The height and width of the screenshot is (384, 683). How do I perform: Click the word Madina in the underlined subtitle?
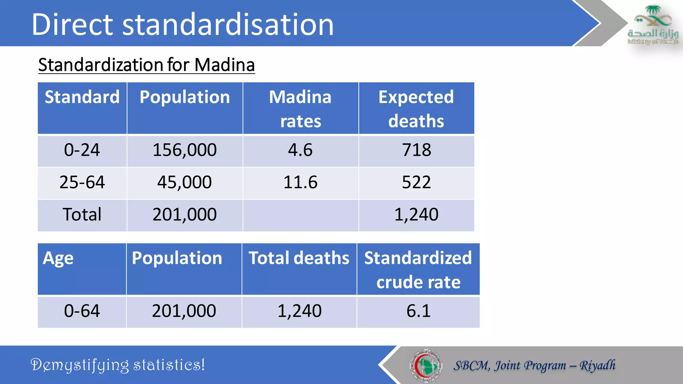point(224,65)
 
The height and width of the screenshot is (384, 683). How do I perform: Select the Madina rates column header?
point(300,109)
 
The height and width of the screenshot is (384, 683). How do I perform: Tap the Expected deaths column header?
point(416,109)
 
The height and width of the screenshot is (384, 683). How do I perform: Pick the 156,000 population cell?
point(184,150)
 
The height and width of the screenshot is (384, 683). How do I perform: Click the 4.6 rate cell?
point(300,150)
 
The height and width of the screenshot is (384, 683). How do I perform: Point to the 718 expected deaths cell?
point(416,150)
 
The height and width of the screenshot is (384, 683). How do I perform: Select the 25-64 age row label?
point(82,182)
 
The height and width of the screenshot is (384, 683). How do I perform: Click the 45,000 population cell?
point(184,182)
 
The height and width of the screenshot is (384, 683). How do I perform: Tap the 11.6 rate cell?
point(300,182)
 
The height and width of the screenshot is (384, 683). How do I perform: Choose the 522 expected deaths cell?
point(416,182)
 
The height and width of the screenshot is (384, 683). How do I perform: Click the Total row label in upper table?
point(82,214)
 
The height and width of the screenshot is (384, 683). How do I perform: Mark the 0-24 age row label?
point(82,150)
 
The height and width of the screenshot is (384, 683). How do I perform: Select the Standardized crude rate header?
point(418,270)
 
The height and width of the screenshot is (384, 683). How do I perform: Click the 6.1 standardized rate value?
point(418,311)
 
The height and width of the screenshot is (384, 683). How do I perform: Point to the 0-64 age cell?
point(82,311)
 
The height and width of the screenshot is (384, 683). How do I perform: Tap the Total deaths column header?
point(299,258)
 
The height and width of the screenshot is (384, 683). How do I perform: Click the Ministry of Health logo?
point(653,25)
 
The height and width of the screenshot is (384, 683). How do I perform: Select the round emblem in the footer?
point(426,365)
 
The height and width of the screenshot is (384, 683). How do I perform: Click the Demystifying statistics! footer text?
point(118,365)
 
